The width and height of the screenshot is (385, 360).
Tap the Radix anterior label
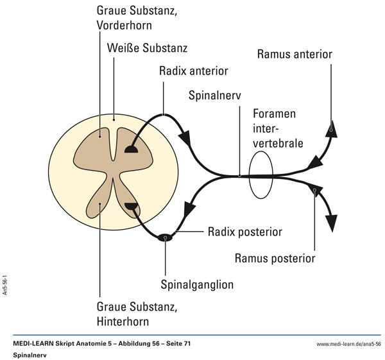point(194,71)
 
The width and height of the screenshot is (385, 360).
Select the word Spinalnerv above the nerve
point(213,96)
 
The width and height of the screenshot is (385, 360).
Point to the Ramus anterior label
point(295,54)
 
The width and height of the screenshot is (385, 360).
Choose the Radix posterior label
point(245,230)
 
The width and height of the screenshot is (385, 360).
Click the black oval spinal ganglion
point(166,237)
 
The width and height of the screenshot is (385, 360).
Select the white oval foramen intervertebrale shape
point(261,175)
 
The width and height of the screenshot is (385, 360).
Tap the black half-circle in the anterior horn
point(132,150)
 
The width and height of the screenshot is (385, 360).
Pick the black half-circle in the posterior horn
point(132,206)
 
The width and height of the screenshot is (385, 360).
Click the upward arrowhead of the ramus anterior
point(331,129)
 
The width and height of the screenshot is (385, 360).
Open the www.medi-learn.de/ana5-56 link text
point(349,344)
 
